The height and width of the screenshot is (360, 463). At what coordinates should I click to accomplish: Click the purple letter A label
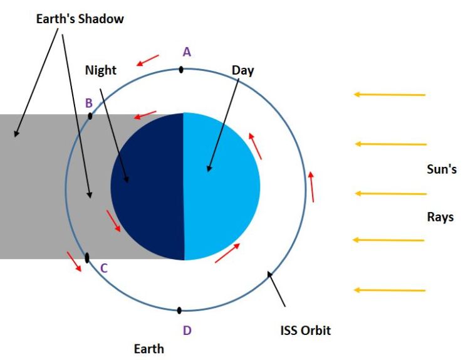click(186, 52)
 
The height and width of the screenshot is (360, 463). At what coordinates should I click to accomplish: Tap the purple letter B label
click(89, 102)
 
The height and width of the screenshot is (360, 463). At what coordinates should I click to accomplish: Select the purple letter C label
click(104, 268)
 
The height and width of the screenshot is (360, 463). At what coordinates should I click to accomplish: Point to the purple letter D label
click(187, 330)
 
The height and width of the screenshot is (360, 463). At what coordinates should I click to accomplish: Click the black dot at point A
click(181, 70)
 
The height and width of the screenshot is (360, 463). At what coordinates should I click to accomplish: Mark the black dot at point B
click(91, 115)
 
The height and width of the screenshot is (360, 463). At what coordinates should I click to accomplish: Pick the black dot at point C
click(87, 257)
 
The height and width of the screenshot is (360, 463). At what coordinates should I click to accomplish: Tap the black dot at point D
click(179, 310)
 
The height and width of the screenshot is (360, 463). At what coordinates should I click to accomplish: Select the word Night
click(101, 70)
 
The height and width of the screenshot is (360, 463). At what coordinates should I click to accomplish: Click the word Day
click(242, 70)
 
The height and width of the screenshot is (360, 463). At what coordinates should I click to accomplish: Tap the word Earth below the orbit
click(149, 349)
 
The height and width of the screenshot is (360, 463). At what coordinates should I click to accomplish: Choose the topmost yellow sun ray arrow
click(390, 95)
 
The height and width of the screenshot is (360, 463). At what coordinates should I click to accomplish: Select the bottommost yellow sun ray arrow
click(390, 290)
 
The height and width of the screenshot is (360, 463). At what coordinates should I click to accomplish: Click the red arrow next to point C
click(75, 262)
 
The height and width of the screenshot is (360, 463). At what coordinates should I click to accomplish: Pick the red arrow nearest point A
click(148, 60)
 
